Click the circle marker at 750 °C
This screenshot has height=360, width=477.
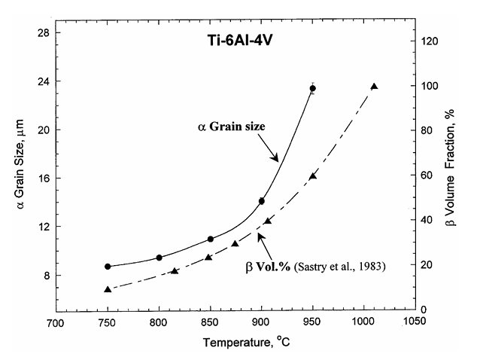coord(108,267)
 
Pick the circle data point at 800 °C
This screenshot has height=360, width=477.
coord(159,258)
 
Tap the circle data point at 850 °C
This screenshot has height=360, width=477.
coord(210,239)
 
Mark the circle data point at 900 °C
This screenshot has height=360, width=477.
coord(262,201)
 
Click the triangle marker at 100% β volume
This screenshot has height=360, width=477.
coord(374,87)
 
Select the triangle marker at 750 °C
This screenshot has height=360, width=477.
coord(108,289)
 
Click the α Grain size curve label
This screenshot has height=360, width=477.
coord(227,127)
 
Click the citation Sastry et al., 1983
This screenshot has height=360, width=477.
coord(337,266)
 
